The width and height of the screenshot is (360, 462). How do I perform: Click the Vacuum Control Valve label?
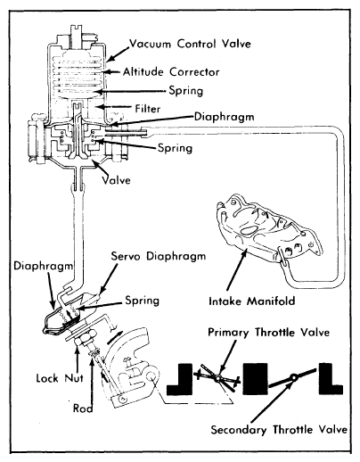coord(190,44)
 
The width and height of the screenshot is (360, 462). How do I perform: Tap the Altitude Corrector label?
coord(171,72)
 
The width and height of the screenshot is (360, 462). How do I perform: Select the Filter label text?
coord(148,109)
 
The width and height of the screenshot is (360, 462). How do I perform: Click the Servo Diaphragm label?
coord(159,256)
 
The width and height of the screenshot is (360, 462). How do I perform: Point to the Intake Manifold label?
coord(252,301)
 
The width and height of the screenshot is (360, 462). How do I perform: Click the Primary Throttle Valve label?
coord(268,332)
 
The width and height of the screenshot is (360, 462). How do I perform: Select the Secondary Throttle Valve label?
coord(279,430)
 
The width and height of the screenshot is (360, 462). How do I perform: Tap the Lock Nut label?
coord(60,378)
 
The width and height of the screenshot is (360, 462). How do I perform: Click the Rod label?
coord(83,408)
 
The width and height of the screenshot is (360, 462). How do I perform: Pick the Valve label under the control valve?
coord(116,180)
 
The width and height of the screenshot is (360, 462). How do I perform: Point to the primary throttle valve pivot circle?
coord(218,378)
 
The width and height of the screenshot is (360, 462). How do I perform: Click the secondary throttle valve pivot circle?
coord(294,377)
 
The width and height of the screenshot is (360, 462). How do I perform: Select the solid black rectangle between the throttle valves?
coord(255,379)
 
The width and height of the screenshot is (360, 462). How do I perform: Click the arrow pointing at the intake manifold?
coord(237,270)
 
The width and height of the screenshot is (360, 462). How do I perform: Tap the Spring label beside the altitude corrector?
coord(186,91)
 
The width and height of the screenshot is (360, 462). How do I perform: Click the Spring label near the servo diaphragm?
coord(143,301)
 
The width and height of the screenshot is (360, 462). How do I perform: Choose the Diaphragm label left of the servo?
coord(44,266)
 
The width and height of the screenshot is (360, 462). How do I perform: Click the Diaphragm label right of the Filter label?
coord(225,117)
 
